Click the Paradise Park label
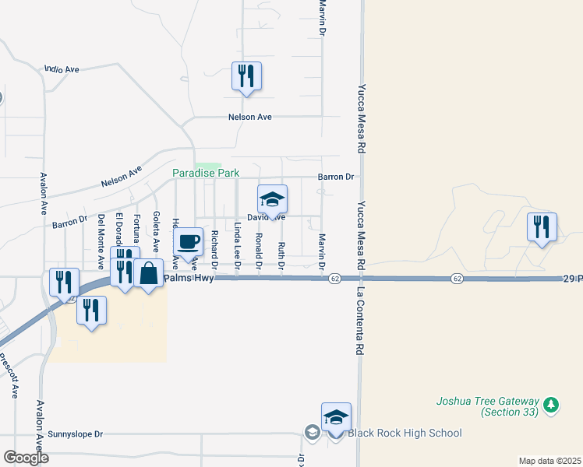(x=206, y=173)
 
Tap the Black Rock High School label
(x=405, y=433)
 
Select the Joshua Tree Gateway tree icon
(x=552, y=404)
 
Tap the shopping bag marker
(x=148, y=274)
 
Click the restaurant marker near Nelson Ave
(x=246, y=76)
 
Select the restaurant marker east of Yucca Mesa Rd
(x=542, y=227)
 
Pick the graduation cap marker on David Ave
(x=272, y=200)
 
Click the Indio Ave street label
(x=62, y=69)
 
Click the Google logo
(x=26, y=457)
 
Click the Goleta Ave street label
(x=157, y=231)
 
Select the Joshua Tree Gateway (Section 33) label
(x=486, y=406)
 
